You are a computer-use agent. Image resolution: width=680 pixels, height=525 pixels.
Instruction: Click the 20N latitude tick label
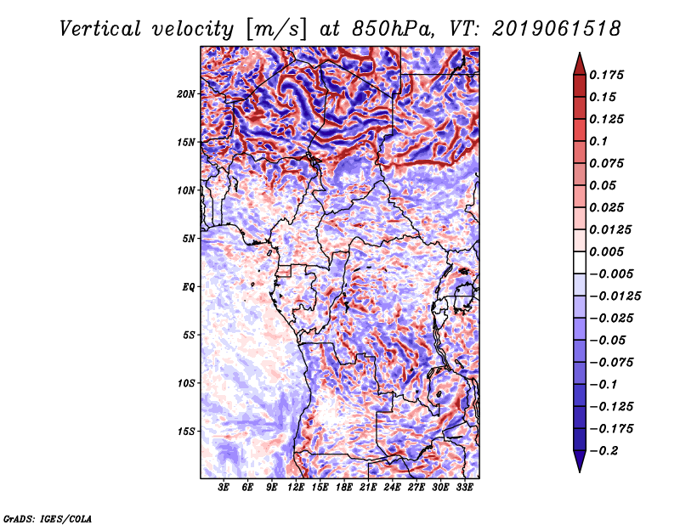pos(186,93)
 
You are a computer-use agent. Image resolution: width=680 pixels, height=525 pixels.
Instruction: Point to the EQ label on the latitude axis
pos(188,286)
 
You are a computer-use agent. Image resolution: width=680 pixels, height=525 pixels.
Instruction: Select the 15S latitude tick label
pos(186,431)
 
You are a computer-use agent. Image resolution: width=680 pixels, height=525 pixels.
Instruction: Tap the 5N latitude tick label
pos(189,238)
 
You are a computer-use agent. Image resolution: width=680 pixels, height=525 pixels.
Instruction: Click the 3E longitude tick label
pos(224,488)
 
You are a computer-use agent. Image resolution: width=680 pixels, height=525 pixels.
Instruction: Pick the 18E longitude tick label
pos(344,488)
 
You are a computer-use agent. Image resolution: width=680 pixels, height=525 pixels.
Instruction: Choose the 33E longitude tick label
pos(464,488)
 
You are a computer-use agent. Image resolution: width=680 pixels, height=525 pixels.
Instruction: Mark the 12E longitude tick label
pos(297,488)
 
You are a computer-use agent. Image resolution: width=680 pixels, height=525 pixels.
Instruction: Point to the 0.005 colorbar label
pos(608,251)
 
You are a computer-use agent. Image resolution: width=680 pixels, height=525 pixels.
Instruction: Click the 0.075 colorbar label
pos(608,163)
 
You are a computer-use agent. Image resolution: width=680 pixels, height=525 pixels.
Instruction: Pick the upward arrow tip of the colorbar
pos(579,56)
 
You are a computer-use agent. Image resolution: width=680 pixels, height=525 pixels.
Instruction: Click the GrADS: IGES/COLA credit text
pos(47,517)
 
